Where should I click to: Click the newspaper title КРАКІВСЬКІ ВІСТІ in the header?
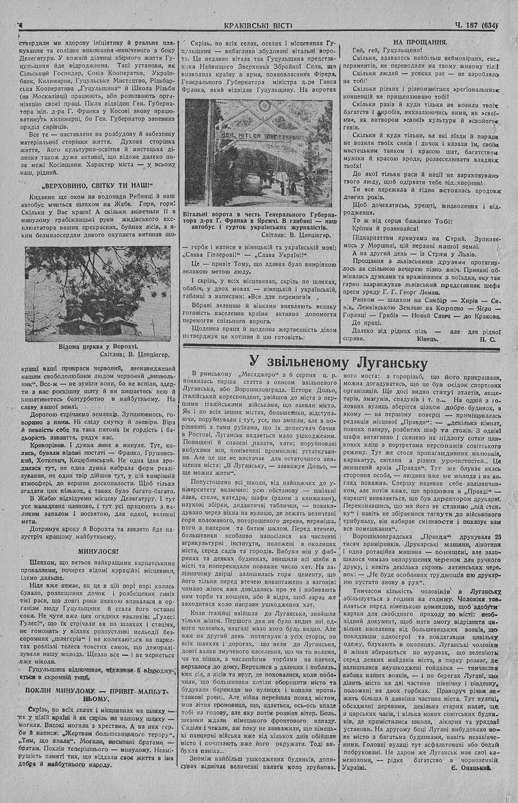[259, 24]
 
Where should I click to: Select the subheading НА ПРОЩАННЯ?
[420, 41]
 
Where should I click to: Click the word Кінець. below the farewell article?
[427, 338]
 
